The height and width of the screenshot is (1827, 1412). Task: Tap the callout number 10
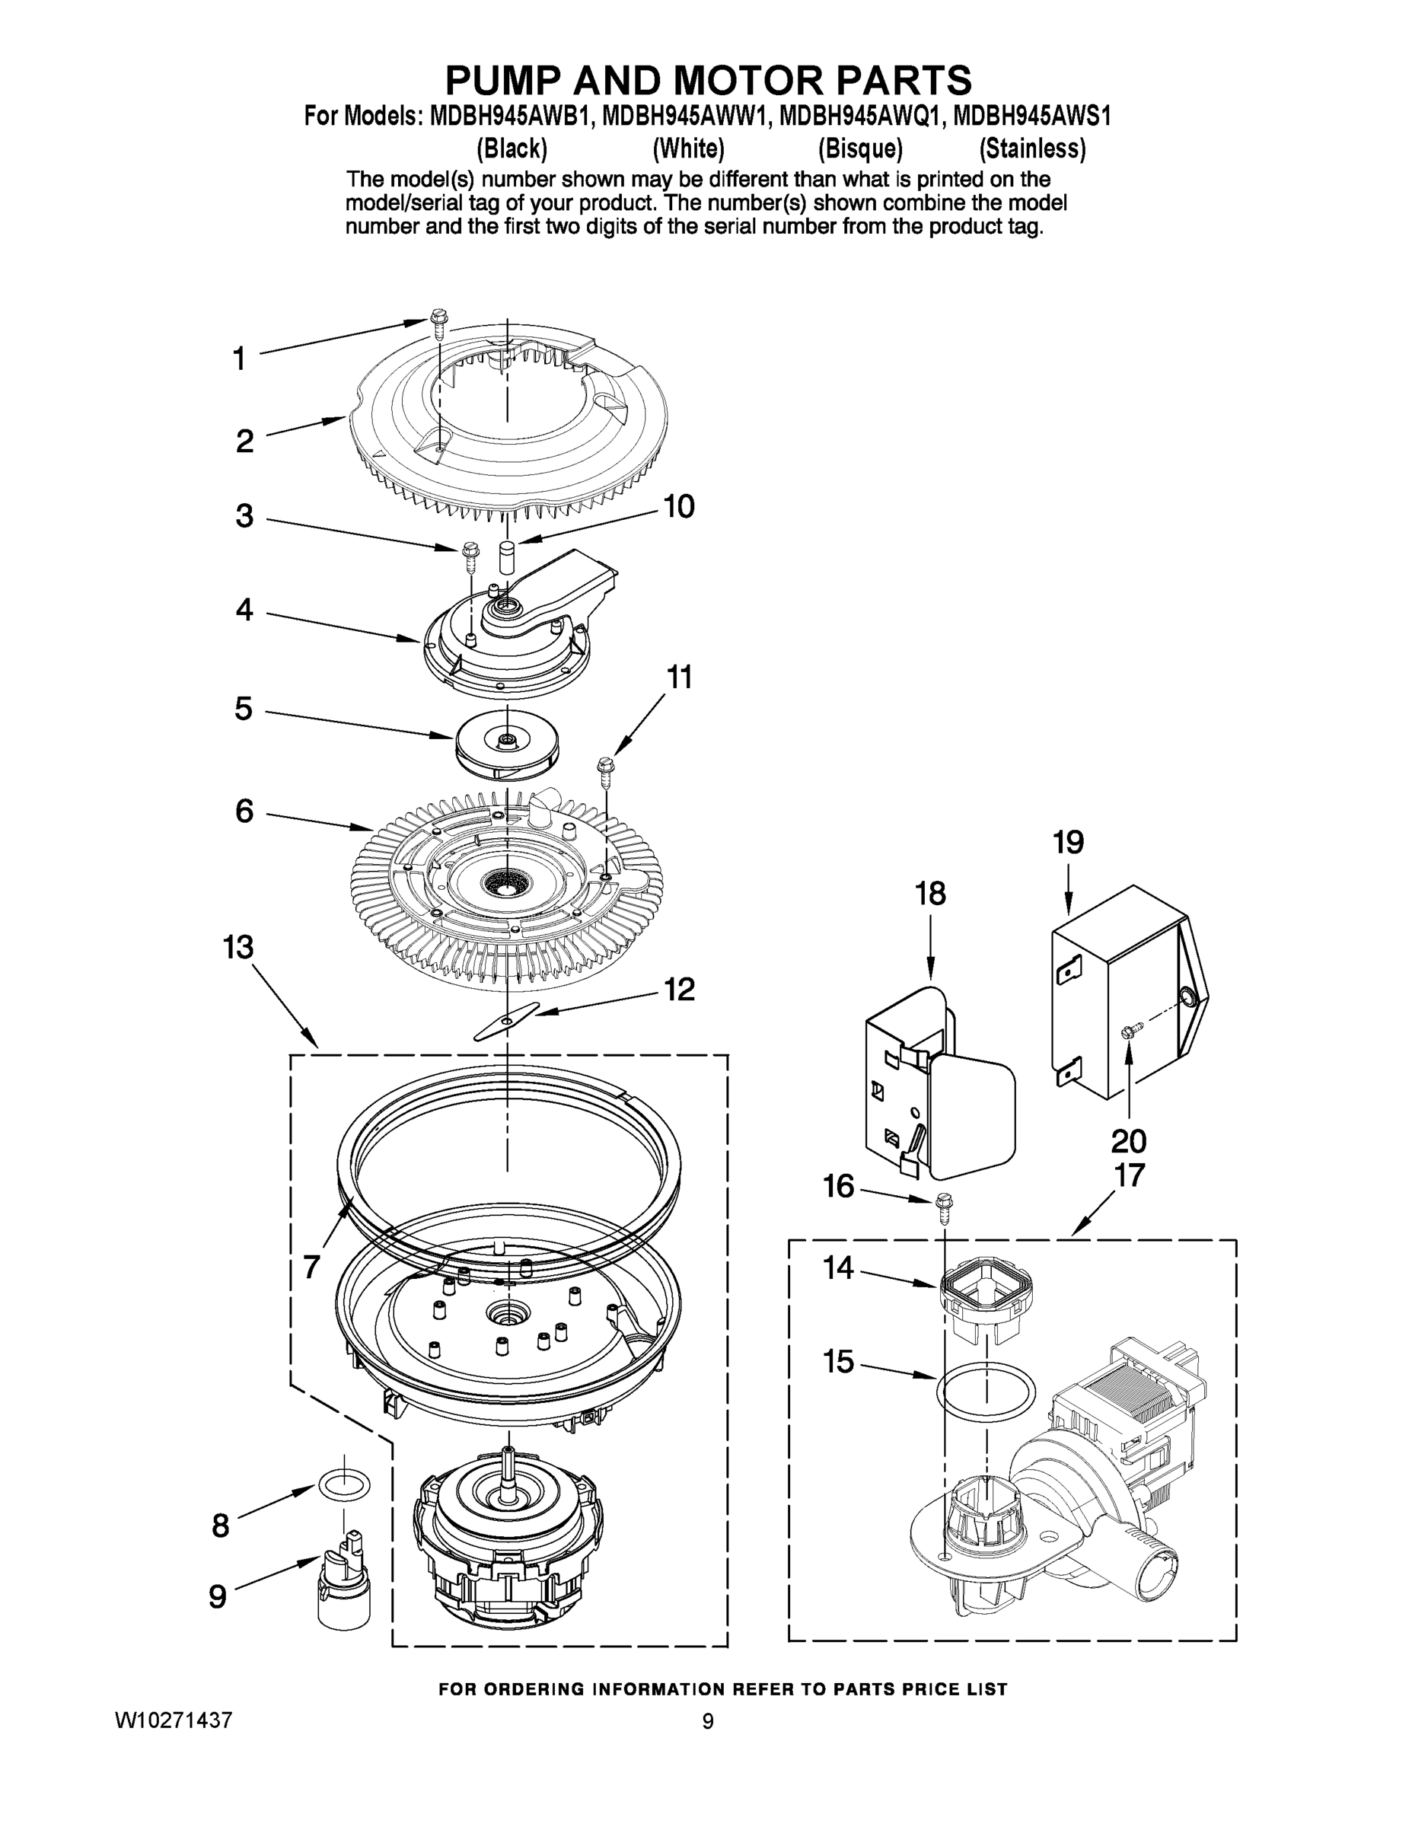678,507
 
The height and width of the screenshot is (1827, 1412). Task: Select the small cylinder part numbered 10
506,556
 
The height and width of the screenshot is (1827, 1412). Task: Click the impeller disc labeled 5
506,745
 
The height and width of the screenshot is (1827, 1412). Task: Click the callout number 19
1068,843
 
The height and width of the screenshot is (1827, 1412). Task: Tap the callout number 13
238,948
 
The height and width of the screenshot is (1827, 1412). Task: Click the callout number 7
311,1267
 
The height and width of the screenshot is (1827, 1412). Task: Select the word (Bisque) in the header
860,149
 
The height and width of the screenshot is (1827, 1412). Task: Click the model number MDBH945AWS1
1032,116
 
